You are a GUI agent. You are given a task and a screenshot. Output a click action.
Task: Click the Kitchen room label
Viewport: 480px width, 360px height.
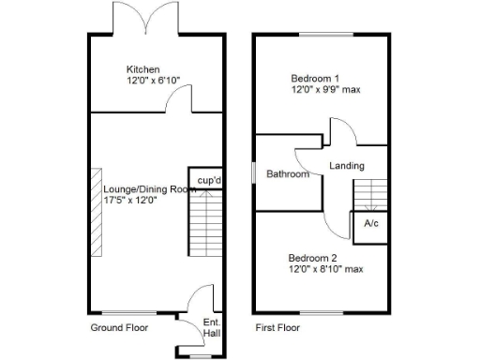pos(143,70)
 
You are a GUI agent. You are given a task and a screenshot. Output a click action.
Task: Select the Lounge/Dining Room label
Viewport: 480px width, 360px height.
pos(150,188)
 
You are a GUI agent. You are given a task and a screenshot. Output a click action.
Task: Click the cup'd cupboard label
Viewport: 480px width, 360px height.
pos(207,180)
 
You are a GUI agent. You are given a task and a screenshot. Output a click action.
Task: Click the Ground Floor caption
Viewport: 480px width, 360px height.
pos(119,328)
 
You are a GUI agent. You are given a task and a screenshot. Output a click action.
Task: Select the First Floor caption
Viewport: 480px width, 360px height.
pos(277,328)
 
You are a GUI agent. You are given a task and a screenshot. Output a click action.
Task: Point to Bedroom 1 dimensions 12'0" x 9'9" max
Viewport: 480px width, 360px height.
pos(325,90)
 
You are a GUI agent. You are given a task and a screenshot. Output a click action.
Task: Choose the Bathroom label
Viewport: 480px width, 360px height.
pos(287,174)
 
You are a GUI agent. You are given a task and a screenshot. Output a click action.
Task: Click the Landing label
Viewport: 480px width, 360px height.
pos(346,166)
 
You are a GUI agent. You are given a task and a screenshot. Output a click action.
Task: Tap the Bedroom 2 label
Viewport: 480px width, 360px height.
pos(312,257)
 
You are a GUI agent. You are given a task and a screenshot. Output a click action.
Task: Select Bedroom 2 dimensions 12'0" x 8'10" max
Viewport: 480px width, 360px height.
pos(326,269)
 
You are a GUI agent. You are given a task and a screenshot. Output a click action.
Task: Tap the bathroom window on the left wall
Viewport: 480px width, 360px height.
pos(255,173)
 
